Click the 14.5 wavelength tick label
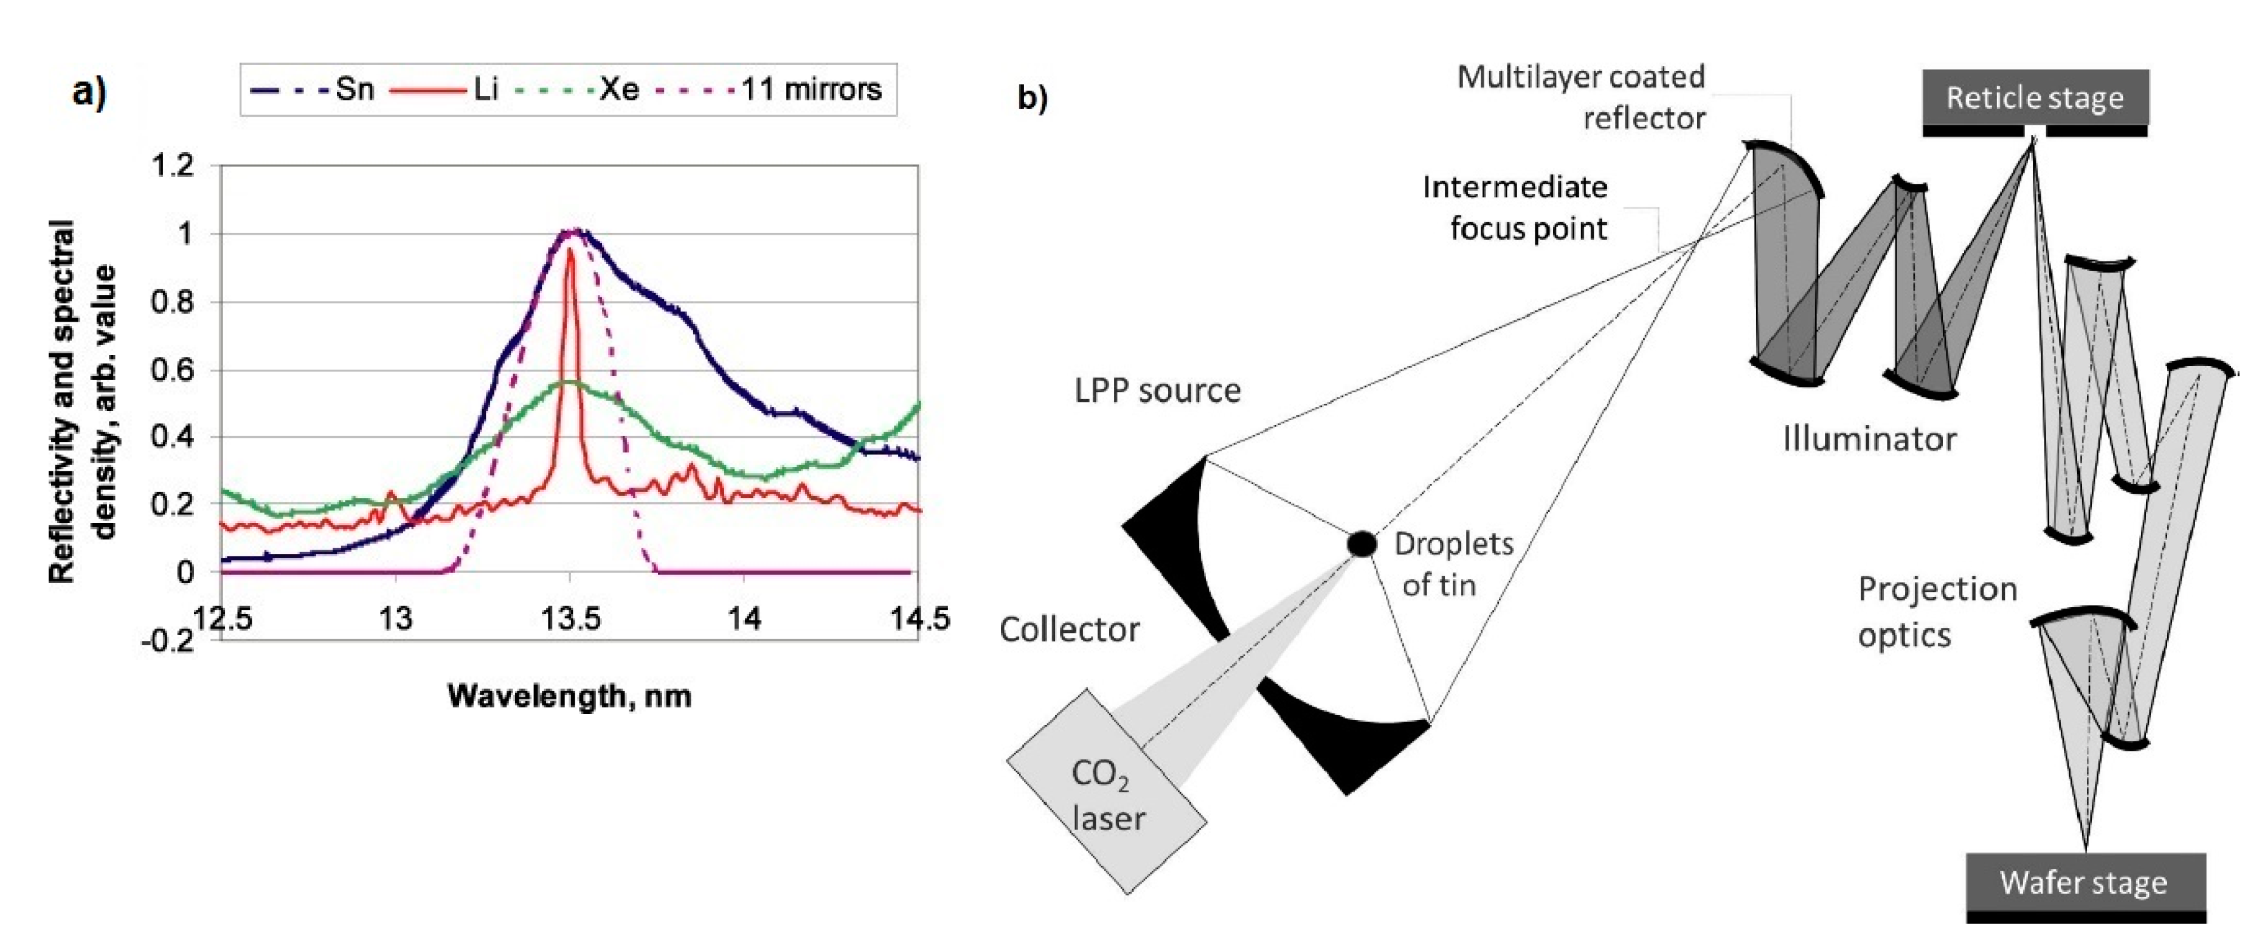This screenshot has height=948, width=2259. click(919, 619)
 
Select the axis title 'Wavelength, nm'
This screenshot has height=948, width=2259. click(569, 696)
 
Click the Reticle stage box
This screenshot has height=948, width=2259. click(2035, 97)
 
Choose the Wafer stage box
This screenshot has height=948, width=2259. click(2084, 882)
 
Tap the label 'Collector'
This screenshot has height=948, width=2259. click(1069, 629)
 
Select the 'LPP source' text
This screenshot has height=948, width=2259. click(1158, 391)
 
